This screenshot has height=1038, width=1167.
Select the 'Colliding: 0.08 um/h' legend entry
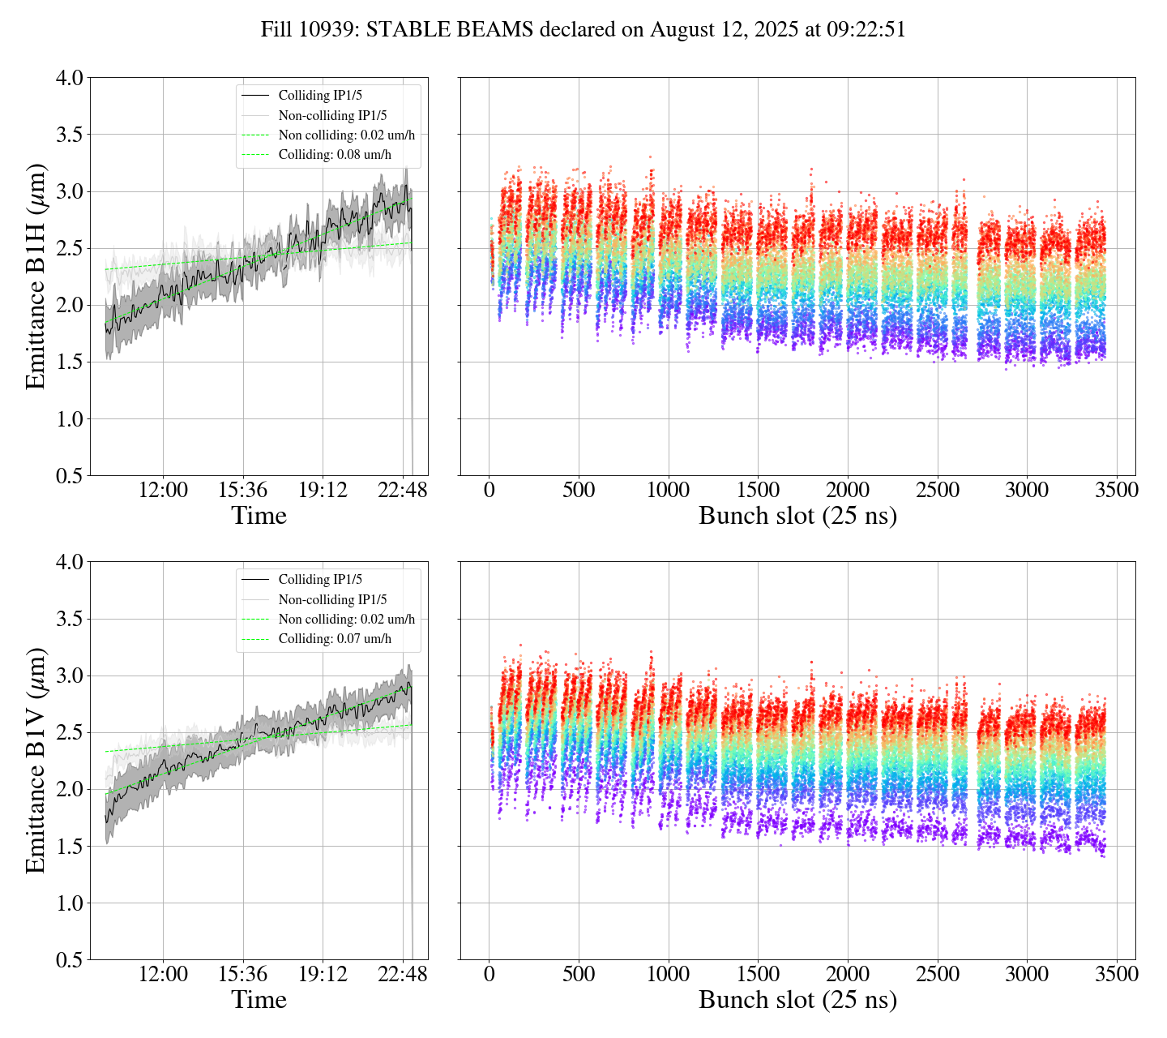point(335,155)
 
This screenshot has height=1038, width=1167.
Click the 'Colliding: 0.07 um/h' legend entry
point(335,639)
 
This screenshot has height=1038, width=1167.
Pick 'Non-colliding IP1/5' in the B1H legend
point(332,115)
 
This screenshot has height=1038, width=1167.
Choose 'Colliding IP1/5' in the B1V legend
point(320,580)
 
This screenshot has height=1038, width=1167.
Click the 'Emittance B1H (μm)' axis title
point(36,277)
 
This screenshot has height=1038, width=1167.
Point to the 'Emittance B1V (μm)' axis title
point(36,761)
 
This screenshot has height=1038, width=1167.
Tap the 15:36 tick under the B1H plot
point(243,490)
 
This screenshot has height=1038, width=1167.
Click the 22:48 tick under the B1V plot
point(403,974)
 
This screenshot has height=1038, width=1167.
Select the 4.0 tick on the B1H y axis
point(69,79)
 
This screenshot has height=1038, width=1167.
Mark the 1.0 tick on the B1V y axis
point(69,903)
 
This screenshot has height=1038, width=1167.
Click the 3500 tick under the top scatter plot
point(1116,490)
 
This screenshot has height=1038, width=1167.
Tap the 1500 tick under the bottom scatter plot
point(758,974)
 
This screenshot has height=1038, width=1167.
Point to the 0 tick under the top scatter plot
point(489,490)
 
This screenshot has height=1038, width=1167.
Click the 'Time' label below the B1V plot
point(259,1000)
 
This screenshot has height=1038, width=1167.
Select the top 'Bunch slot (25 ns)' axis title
point(797,516)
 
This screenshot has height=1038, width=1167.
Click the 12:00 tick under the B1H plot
point(163,490)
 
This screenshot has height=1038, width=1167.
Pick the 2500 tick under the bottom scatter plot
point(937,974)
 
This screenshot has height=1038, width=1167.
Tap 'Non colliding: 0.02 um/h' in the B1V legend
point(346,620)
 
